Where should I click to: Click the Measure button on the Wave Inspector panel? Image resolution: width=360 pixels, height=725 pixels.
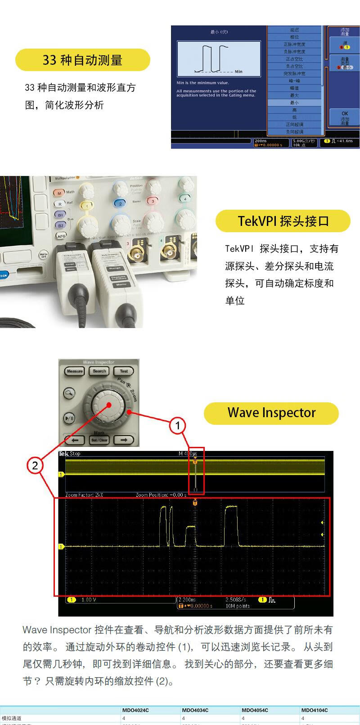[75, 371]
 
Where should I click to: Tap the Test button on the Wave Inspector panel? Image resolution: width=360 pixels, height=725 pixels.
[124, 371]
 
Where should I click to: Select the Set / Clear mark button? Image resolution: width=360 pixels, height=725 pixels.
[99, 440]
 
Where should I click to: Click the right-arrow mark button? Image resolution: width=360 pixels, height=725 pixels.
[124, 440]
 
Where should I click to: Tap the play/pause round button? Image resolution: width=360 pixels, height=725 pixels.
[69, 418]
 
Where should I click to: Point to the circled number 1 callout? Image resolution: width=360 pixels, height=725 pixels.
[178, 425]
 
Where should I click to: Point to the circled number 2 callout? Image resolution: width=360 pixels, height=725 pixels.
[35, 465]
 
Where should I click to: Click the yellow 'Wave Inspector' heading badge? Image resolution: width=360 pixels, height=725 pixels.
[271, 413]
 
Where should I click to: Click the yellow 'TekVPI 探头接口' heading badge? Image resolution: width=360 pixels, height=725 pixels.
[283, 221]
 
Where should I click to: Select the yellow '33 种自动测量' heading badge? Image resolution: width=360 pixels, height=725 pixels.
[83, 60]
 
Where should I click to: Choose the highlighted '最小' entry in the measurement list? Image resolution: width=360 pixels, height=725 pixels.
[294, 103]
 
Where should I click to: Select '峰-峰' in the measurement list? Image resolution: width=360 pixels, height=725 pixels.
[294, 81]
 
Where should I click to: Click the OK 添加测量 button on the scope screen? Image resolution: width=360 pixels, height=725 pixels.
[344, 118]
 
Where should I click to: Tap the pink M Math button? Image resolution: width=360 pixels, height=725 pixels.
[59, 193]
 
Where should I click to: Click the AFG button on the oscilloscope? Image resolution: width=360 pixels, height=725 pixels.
[61, 235]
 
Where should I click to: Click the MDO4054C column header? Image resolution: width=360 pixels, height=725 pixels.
[255, 710]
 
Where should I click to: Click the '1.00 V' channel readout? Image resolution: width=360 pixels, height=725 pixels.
[89, 600]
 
